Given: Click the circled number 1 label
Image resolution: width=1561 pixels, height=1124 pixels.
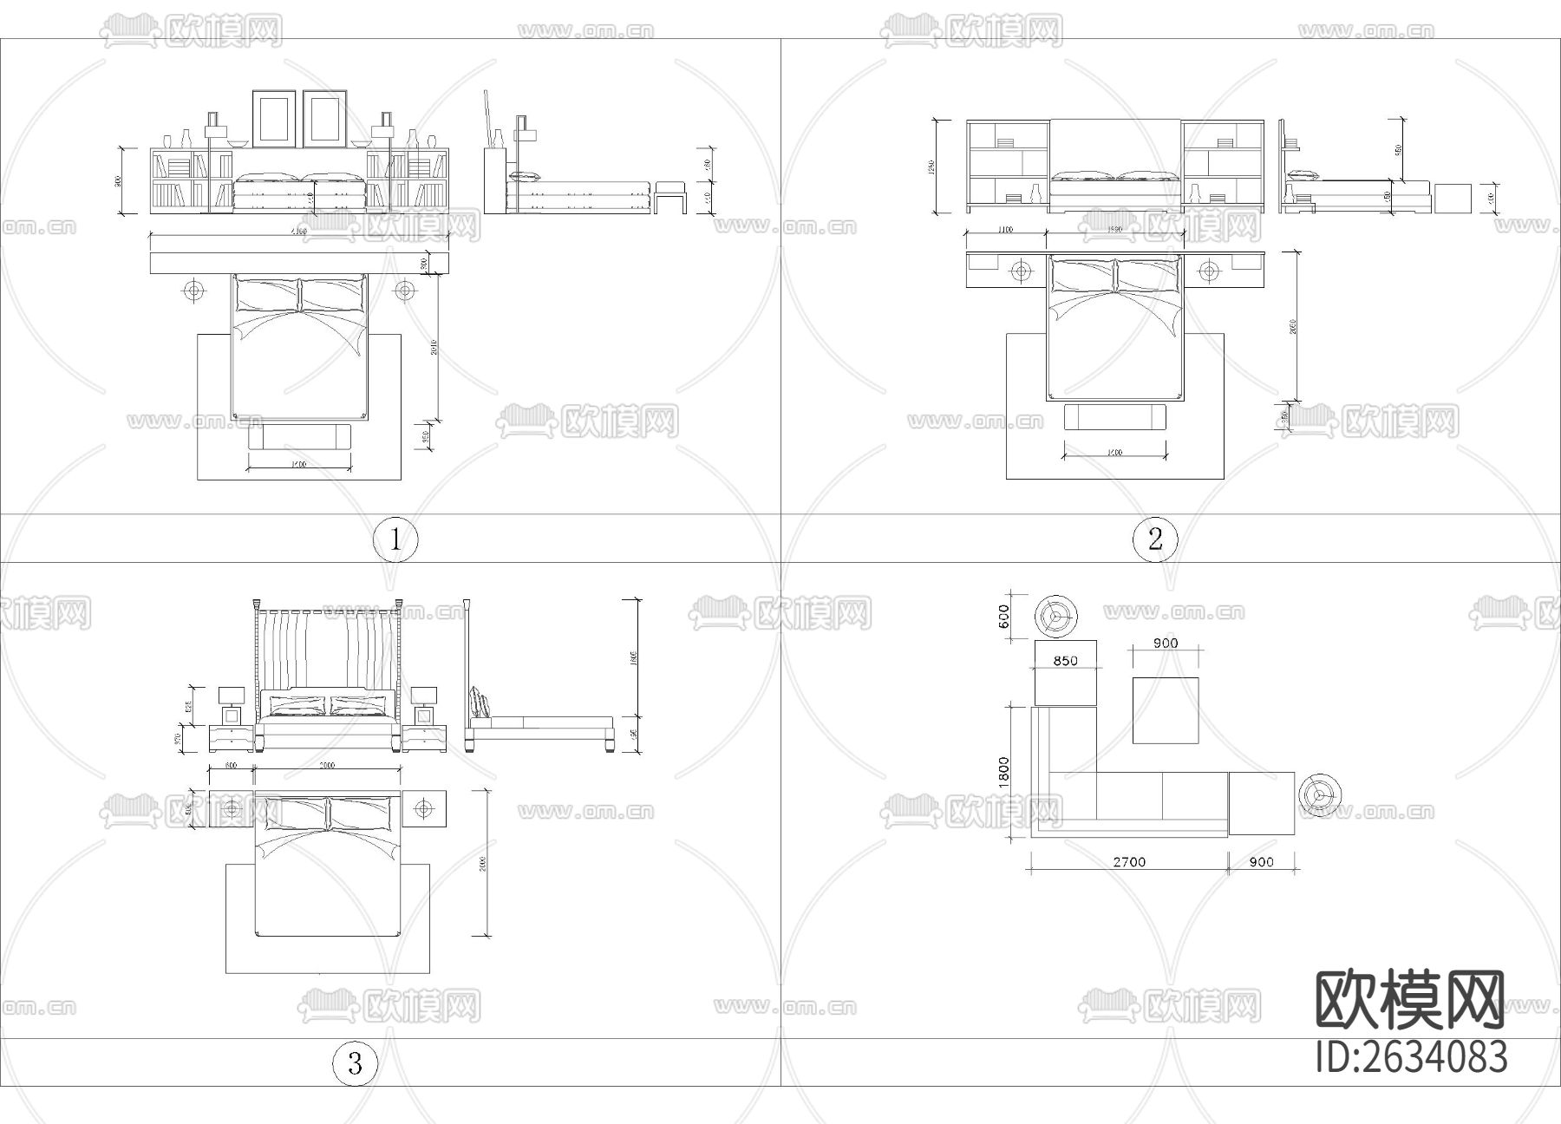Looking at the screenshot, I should coord(395,539).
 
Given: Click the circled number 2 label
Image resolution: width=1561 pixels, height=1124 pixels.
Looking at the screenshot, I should coord(1155,539).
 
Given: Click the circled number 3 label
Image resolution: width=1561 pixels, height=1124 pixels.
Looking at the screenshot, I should coord(355,1063).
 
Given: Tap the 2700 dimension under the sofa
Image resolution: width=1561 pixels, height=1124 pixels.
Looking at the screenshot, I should coord(1128,862).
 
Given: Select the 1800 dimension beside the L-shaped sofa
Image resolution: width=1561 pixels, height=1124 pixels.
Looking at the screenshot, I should coord(1003,771).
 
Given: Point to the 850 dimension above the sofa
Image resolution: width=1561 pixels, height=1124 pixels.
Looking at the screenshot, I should coord(1065,661).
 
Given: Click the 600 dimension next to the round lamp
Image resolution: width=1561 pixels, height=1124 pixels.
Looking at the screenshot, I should coord(1004,617).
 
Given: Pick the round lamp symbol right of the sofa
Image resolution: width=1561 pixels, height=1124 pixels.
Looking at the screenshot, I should coord(1320,794).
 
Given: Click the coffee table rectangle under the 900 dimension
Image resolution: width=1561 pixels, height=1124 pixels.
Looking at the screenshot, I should coord(1166,710).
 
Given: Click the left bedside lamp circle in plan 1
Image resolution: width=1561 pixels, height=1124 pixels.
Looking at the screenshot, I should coord(193,290).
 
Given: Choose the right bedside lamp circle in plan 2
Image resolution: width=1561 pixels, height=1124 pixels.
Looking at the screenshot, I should coord(1209,271).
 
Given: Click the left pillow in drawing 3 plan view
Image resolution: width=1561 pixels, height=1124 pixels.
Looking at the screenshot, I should coord(292,814).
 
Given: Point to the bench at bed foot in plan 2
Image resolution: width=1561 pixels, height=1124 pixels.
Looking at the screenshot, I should coord(1115,417).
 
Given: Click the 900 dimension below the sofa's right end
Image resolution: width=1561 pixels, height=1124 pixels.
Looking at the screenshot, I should coord(1262,862).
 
